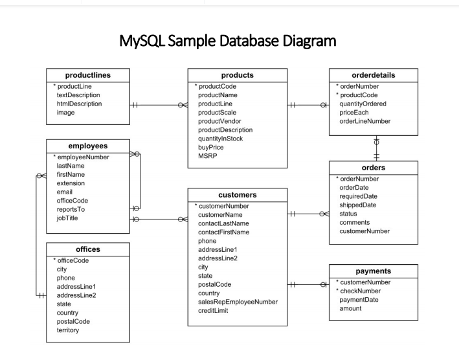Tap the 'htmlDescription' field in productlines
point(79,104)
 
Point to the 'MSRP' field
point(207,156)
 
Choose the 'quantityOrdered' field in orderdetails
point(363,104)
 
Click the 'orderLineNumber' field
point(365,121)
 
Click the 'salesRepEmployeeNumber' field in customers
point(238,302)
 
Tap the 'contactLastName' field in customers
point(223,223)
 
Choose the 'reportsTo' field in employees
point(71,210)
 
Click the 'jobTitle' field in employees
point(69,219)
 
